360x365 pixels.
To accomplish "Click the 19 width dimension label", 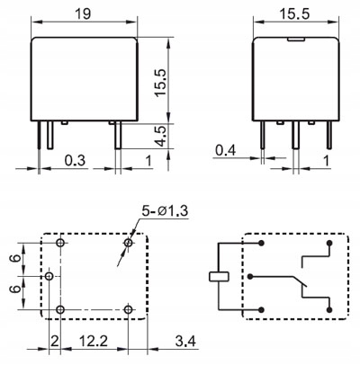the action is (83, 13).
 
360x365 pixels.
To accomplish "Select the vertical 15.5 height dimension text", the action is (160, 83).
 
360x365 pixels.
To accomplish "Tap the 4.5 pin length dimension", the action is (161, 137).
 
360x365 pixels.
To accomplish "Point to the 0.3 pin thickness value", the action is (75, 161).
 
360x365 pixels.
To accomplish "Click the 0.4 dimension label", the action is (226, 150).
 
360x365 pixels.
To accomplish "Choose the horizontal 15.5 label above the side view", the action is (294, 14).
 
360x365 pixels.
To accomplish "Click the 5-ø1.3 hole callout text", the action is (165, 211).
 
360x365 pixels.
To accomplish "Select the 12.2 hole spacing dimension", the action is (94, 341).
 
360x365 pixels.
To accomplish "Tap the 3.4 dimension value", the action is (185, 341).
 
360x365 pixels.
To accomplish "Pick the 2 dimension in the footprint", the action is (54, 341).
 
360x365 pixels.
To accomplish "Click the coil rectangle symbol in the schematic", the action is (219, 276).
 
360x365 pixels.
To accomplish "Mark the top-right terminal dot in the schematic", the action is (329, 243).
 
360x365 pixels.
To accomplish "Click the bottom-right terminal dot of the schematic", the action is (329, 309).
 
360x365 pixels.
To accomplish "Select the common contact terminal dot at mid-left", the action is (250, 276).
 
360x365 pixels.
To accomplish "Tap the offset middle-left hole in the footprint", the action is (49, 276).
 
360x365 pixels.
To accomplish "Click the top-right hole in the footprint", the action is (129, 243).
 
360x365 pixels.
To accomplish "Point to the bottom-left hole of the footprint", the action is (60, 309).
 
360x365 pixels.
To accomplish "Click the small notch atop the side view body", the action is (296, 39).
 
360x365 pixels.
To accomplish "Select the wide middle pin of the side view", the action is (296, 135).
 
